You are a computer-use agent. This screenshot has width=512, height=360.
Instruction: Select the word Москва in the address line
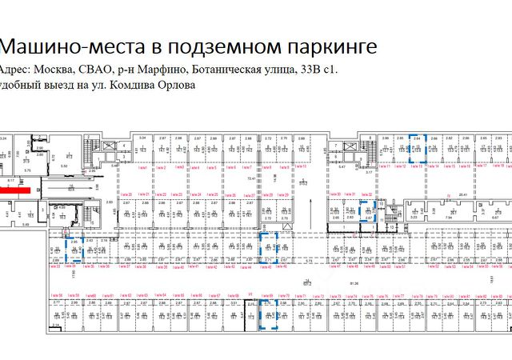62,70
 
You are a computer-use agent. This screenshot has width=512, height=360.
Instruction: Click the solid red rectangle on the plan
14,191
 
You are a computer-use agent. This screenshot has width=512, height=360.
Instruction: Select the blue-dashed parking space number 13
417,149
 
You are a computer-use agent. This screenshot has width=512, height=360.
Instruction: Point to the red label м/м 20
124,194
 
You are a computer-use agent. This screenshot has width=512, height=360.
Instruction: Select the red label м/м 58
56,296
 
